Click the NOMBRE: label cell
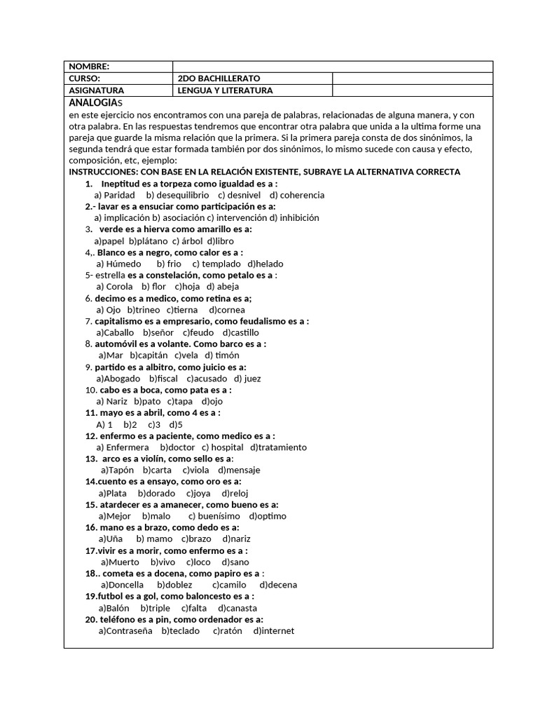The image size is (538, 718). pos(89,67)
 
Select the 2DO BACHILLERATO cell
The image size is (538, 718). pos(219,79)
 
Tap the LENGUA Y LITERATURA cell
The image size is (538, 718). pos(225,90)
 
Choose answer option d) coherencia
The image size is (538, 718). pos(297,195)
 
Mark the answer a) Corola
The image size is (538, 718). pos(114,286)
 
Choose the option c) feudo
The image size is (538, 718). pos(198,332)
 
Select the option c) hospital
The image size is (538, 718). pos(223,447)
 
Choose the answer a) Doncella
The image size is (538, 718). pos(123,585)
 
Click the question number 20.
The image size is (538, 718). pos(90,619)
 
